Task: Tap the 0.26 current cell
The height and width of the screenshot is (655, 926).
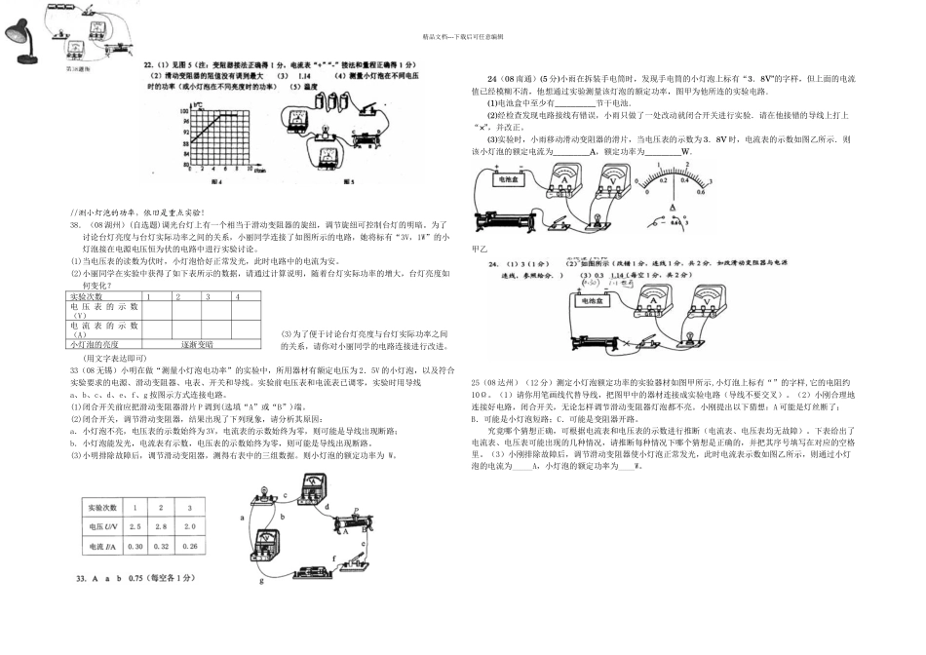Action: [188, 546]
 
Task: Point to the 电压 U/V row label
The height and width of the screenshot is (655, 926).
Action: [102, 526]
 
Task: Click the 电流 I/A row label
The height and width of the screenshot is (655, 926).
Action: [102, 546]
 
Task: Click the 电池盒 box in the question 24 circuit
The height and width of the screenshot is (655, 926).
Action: [507, 180]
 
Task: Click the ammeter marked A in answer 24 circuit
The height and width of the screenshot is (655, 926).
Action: [648, 304]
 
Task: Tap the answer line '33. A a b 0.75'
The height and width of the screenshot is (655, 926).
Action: [135, 579]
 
